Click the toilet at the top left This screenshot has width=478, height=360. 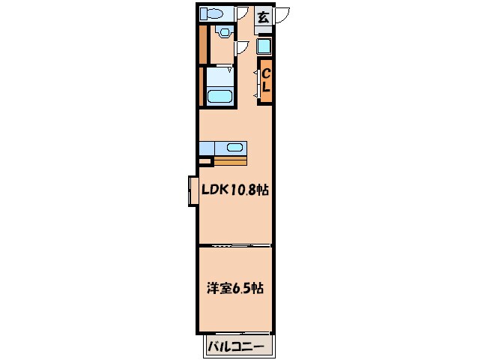pos(213,13)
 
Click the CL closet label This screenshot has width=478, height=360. pos(265,80)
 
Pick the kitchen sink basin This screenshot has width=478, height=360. pos(234,147)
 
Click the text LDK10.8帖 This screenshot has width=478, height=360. pos(235,190)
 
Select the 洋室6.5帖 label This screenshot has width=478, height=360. pos(235,288)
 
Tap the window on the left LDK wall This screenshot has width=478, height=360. pos(193,190)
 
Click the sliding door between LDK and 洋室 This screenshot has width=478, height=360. pos(235,245)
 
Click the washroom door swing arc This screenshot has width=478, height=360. pos(241,47)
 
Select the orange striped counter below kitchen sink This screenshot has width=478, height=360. pos(230,160)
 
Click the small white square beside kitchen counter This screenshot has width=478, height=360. pos(205,160)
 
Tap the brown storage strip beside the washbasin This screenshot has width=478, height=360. pos(202,45)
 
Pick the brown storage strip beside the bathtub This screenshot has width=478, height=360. pos(202,87)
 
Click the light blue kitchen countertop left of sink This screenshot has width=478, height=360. pos(207,147)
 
